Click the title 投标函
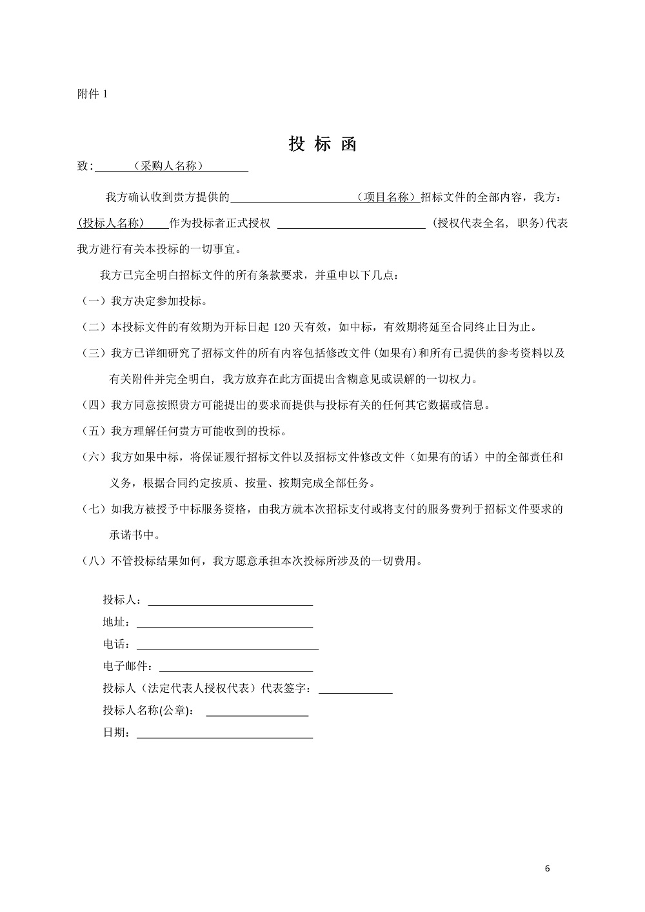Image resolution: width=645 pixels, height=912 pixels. click(322, 144)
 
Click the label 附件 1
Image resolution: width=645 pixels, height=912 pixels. click(92, 94)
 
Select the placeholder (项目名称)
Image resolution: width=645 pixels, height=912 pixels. click(386, 197)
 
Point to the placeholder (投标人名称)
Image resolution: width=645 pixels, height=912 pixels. click(110, 223)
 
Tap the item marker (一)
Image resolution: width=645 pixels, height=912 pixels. click(94, 301)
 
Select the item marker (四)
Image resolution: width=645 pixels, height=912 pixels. click(94, 405)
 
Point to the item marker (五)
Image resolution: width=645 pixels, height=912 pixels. click(94, 431)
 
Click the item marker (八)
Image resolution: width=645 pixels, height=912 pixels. click(94, 561)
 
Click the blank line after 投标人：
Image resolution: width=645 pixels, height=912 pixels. click(230, 601)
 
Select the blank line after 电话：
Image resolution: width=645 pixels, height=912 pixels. click(227, 645)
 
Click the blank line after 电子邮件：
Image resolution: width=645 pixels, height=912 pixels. click(236, 667)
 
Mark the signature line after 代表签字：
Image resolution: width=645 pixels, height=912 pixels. click(355, 689)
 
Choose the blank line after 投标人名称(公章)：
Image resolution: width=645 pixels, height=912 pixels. click(257, 711)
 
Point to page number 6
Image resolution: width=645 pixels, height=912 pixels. click(548, 868)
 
